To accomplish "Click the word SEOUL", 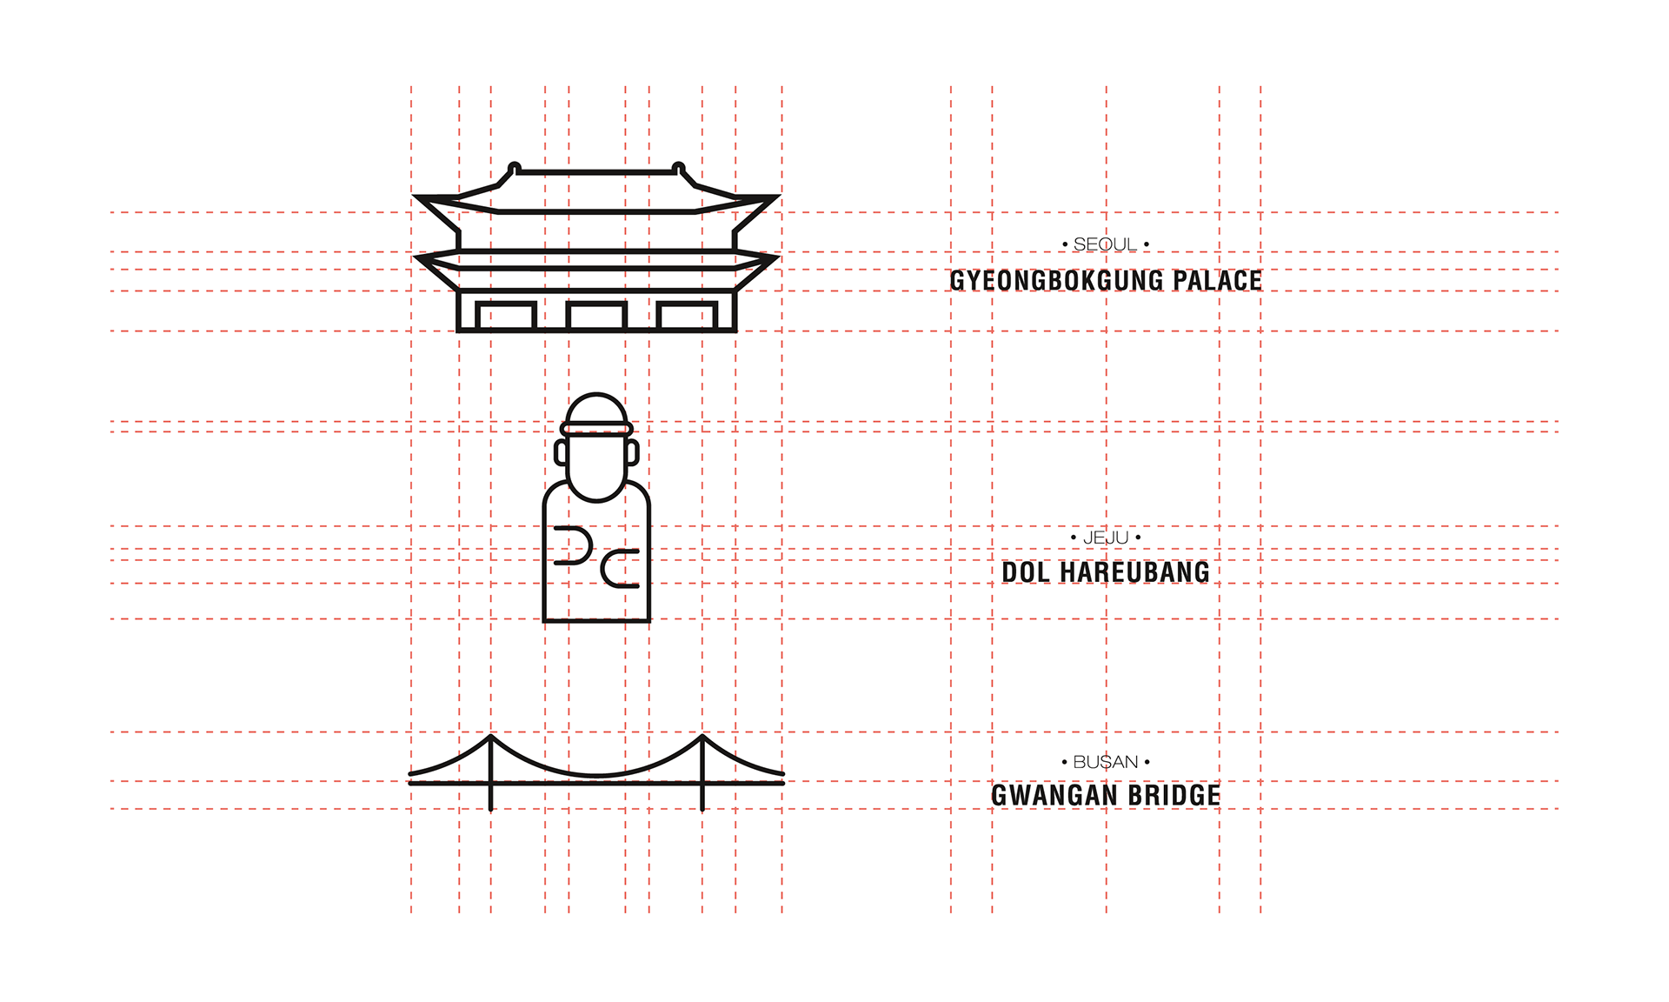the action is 1105,245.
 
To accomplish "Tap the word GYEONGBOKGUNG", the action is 1056,281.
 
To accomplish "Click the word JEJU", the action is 1106,538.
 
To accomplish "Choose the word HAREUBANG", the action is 1135,572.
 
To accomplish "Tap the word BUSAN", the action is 1106,763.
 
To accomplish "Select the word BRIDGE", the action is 1174,796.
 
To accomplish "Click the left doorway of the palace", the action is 506,316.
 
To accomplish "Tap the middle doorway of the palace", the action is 596,316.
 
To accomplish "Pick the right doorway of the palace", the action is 687,316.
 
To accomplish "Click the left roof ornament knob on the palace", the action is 515,167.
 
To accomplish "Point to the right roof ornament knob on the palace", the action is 679,167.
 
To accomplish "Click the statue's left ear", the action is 561,452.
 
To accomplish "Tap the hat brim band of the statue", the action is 596,428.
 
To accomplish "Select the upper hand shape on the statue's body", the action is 575,545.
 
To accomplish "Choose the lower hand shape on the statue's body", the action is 620,569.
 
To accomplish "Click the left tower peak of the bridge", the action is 491,737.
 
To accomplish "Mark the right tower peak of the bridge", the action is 702,737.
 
